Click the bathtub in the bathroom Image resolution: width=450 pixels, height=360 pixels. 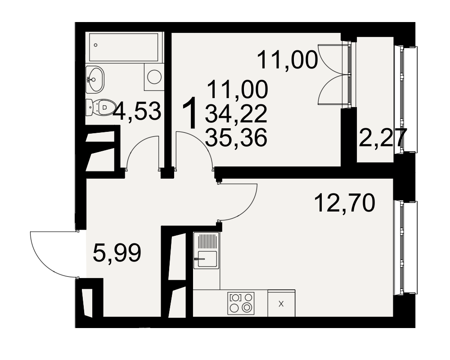click(x=124, y=47)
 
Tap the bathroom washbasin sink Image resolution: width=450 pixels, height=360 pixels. click(x=94, y=80)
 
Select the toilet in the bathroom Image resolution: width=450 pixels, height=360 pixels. click(x=100, y=108)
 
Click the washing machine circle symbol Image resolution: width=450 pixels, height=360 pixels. click(x=154, y=77)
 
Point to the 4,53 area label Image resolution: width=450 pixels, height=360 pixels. click(x=137, y=112)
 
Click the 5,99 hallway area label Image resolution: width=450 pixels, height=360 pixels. click(x=117, y=252)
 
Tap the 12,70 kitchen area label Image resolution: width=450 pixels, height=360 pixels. click(x=345, y=202)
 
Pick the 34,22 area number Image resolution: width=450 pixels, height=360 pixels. click(x=236, y=114)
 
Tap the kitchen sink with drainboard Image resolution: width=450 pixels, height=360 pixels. click(x=207, y=250)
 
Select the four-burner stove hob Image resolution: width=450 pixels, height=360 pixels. click(x=241, y=303)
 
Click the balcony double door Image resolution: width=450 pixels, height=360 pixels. click(x=334, y=75)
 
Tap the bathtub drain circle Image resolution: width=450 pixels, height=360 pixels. click(x=95, y=45)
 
